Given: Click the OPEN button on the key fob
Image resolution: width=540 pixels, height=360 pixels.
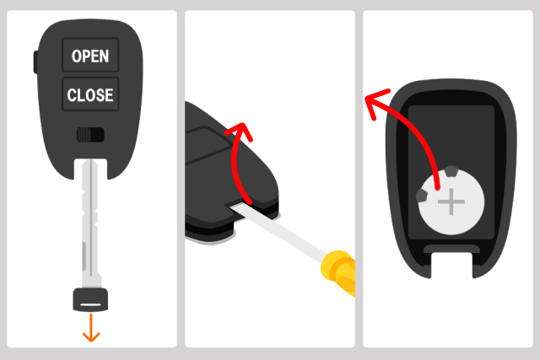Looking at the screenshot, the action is tap(90, 55).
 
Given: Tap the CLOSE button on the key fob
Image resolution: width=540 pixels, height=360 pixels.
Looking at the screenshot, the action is tap(90, 94).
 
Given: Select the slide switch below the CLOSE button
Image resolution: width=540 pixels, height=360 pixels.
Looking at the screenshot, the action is tap(90, 135).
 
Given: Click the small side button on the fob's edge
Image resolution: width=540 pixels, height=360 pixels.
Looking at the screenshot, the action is tap(35, 62).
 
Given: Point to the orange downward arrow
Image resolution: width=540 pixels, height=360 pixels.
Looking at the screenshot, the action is tap(91, 328).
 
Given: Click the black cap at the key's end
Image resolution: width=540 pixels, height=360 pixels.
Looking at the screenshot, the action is tap(90, 300).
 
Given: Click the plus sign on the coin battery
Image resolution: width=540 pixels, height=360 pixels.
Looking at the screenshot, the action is tap(451, 201).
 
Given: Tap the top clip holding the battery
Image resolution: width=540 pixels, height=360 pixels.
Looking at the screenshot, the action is tap(451, 171).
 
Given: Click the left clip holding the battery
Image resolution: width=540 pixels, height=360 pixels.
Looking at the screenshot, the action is tap(422, 196).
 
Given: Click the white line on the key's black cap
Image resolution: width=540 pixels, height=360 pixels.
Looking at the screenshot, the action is tap(90, 304).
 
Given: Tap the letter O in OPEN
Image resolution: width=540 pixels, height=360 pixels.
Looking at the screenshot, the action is tap(76, 56).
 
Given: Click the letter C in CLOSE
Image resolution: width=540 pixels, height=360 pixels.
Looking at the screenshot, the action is tap(72, 95).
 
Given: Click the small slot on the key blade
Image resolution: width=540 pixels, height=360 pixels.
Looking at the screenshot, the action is tap(84, 255).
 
